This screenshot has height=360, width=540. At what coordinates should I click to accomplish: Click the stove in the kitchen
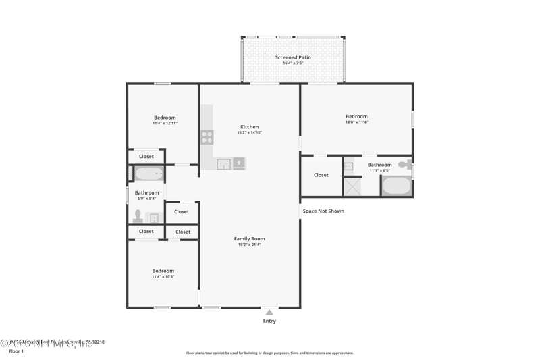pyautogui.click(x=207, y=137)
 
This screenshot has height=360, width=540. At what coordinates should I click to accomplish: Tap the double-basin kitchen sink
pyautogui.click(x=231, y=163)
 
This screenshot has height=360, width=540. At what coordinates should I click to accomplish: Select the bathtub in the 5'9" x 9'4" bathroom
pyautogui.click(x=148, y=174)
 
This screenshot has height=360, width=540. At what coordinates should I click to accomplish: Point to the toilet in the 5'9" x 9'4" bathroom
pyautogui.click(x=138, y=216)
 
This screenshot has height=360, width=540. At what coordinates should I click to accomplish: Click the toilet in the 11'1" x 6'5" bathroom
pyautogui.click(x=404, y=164)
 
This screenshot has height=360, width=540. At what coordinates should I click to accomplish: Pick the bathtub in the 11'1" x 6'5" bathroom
pyautogui.click(x=396, y=186)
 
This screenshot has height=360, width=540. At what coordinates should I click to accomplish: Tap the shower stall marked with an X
pyautogui.click(x=352, y=186)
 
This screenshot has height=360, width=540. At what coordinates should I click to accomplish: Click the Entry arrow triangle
pyautogui.click(x=269, y=312)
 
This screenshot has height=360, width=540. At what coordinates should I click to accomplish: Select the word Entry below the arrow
pyautogui.click(x=269, y=321)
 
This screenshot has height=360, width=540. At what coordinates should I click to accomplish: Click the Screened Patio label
pyautogui.click(x=293, y=57)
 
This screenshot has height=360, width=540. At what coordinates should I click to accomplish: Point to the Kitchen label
pyautogui.click(x=249, y=127)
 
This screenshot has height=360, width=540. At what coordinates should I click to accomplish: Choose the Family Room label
pyautogui.click(x=249, y=238)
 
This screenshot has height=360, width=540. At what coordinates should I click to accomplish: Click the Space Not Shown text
pyautogui.click(x=323, y=211)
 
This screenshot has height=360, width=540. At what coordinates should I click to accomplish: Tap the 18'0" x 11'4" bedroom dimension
pyautogui.click(x=356, y=122)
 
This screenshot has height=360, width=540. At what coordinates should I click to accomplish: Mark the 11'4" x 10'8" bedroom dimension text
pyautogui.click(x=163, y=277)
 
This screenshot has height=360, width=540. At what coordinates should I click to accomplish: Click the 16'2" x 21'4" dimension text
pyautogui.click(x=249, y=245)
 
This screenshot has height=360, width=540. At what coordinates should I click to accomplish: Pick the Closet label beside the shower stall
pyautogui.click(x=321, y=175)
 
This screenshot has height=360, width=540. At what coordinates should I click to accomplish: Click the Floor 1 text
pyautogui.click(x=16, y=351)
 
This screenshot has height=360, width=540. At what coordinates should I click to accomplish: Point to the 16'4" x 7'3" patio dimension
pyautogui.click(x=293, y=63)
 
